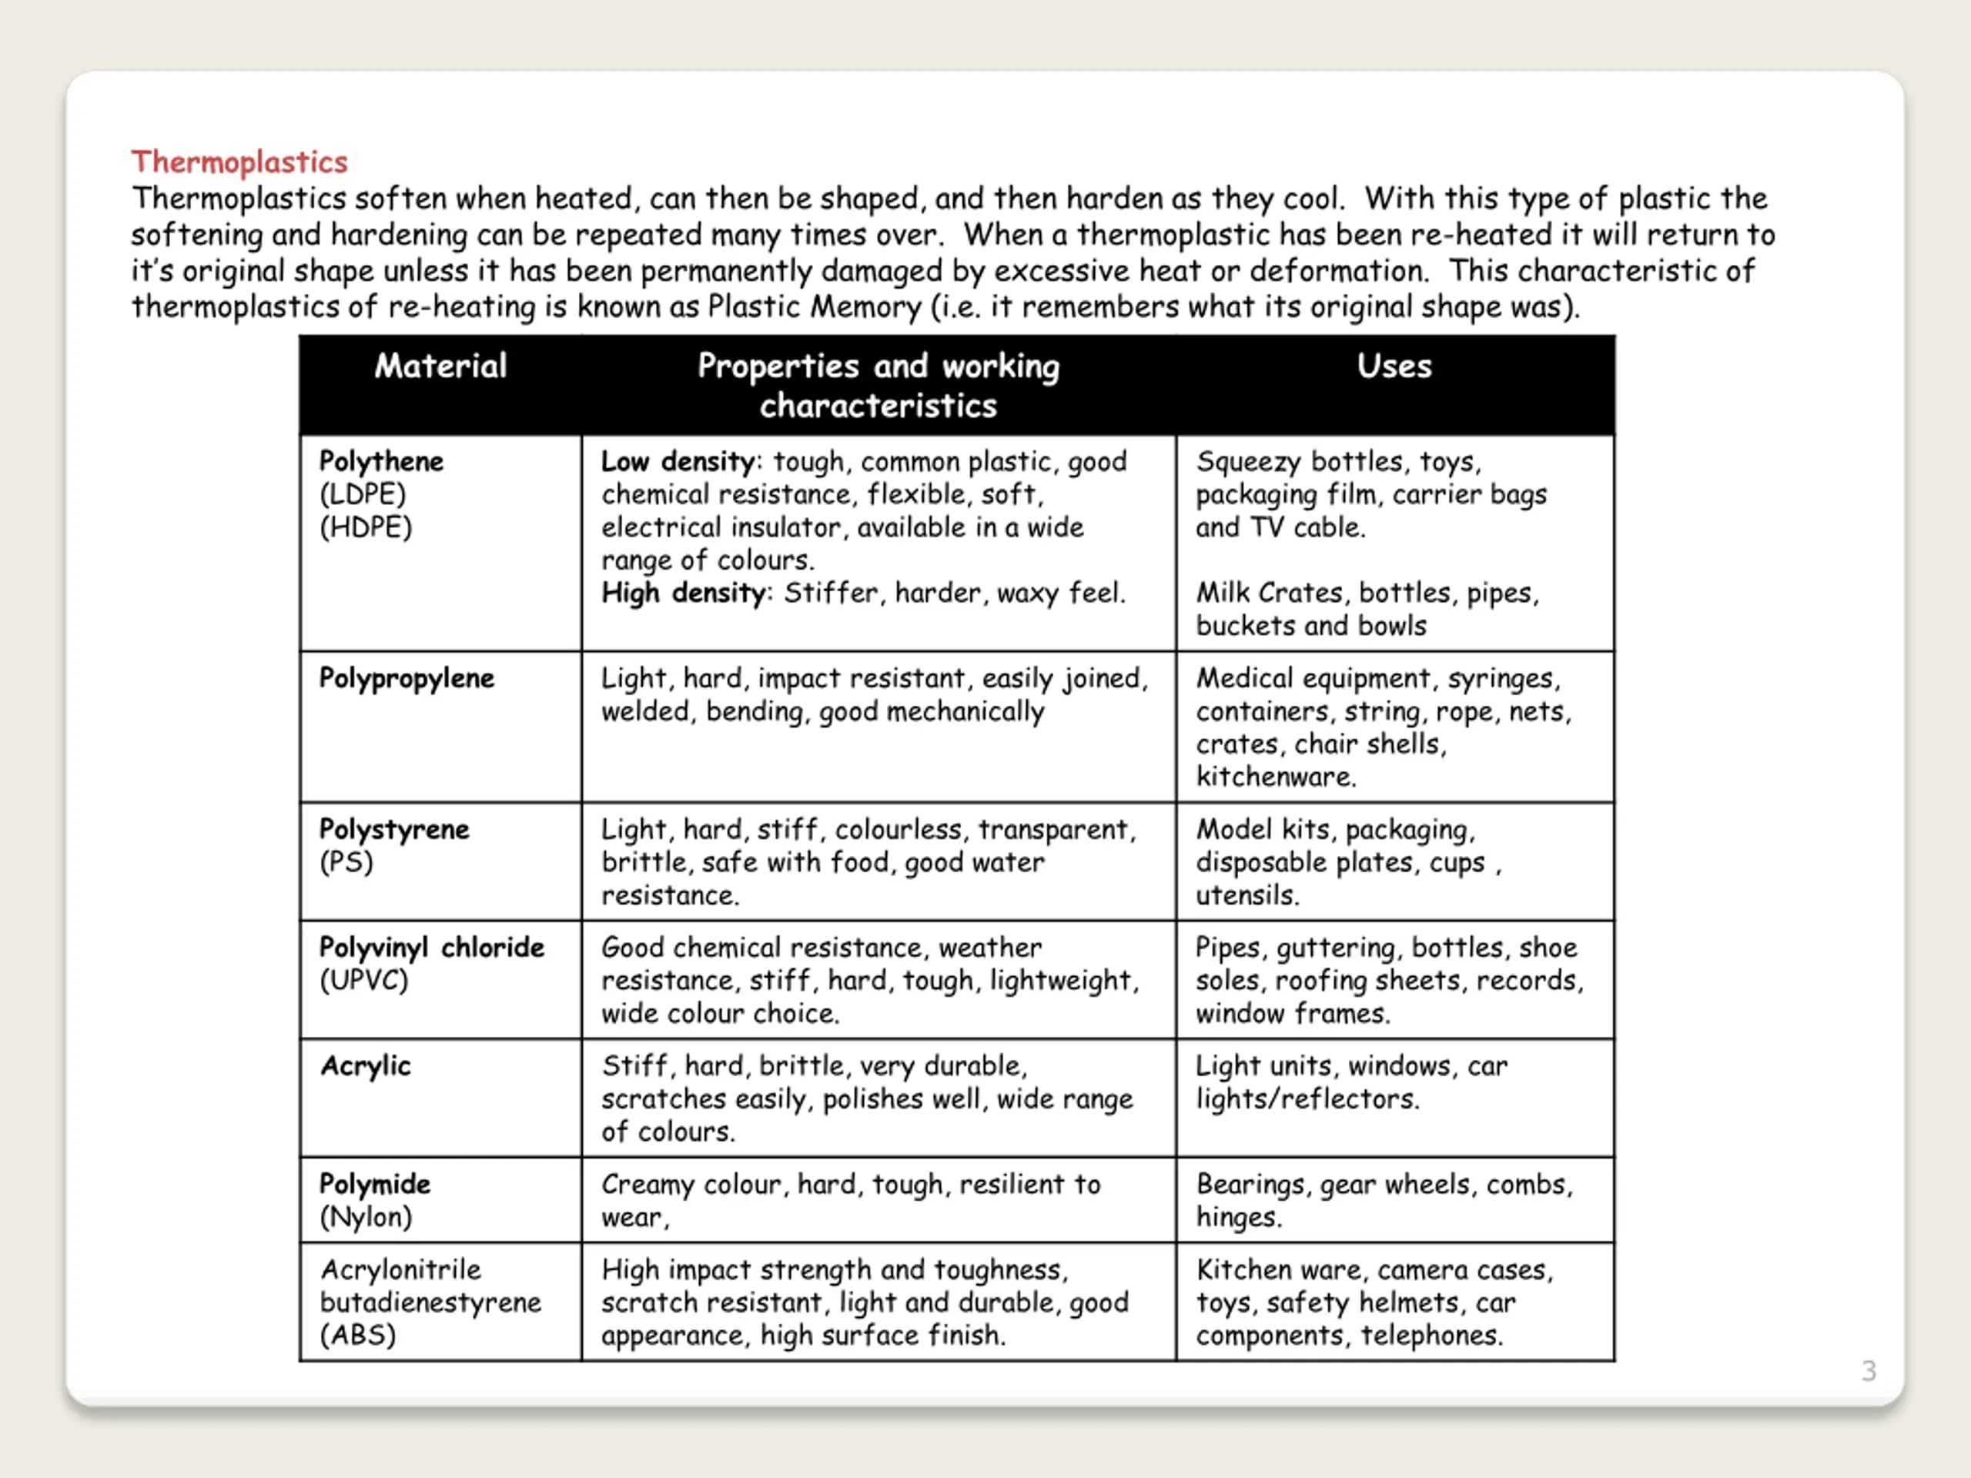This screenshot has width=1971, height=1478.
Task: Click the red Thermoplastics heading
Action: coord(239,162)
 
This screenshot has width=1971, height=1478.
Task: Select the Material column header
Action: coord(440,366)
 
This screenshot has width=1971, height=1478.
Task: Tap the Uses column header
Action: coord(1394,366)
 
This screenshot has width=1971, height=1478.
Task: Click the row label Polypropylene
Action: coord(407,679)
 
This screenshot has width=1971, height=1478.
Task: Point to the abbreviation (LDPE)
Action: coord(363,494)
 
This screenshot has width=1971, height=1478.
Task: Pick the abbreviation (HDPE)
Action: coord(366,527)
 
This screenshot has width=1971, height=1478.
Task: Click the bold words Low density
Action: coord(678,461)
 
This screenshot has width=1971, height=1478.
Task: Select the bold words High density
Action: coord(683,594)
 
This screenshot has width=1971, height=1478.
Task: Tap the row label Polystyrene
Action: coord(394,829)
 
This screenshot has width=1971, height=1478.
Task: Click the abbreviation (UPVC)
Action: coord(363,981)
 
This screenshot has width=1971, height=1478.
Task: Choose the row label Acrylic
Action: coord(366,1066)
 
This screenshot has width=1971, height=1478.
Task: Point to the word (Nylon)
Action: coord(366,1217)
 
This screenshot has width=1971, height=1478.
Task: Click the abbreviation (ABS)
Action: coord(357,1336)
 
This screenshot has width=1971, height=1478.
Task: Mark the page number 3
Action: coord(1869,1370)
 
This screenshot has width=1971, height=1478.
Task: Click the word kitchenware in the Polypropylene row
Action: coord(1275,777)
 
